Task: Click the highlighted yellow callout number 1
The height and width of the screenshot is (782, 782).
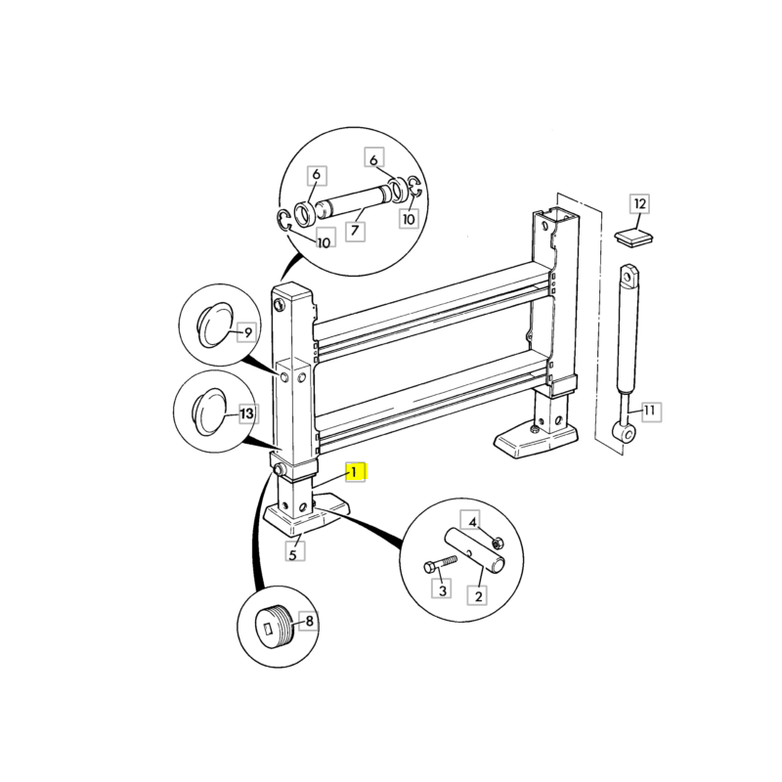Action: point(354,472)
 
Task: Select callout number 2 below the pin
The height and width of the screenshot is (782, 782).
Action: point(478,595)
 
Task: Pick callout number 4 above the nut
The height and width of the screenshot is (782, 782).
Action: point(472,522)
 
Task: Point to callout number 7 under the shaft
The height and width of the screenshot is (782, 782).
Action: point(355,231)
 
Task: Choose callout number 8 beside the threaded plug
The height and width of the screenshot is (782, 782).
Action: point(309,622)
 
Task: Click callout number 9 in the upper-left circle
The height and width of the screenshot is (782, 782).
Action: point(248,331)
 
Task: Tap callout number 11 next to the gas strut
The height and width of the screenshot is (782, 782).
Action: point(649,411)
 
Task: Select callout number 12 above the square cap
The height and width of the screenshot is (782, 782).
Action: point(640,204)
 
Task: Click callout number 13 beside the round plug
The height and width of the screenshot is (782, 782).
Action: point(248,413)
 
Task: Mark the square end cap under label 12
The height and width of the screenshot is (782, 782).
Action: point(634,238)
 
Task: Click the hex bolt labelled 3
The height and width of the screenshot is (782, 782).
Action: point(440,564)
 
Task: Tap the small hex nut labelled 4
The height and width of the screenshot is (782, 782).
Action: point(498,543)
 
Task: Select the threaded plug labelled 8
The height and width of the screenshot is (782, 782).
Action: point(275,627)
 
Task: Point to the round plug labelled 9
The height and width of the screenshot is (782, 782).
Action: point(215,325)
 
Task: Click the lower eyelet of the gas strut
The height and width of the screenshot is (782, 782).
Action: point(624,432)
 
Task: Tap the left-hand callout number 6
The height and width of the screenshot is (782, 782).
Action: point(316,175)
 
